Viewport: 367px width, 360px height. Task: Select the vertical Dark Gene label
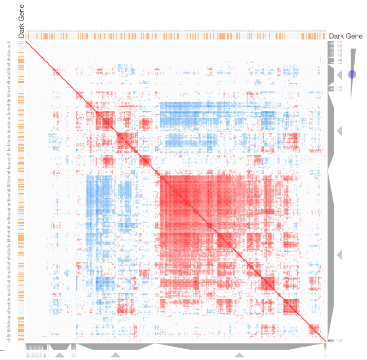21,21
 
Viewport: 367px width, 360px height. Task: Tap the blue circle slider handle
352,74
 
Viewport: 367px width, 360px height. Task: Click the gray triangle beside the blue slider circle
340,75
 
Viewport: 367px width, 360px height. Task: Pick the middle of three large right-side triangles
339,132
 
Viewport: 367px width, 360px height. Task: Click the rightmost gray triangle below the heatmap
240,355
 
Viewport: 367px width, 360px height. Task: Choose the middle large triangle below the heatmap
115,355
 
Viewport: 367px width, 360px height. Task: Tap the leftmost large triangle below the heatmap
60,355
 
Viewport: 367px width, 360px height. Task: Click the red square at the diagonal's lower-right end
314,329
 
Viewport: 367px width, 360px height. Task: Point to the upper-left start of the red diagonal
27,43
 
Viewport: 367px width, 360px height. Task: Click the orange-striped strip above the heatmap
175,37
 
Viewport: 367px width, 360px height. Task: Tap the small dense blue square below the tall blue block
105,283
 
